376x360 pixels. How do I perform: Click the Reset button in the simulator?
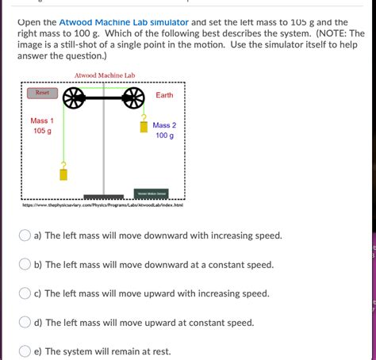coord(42,94)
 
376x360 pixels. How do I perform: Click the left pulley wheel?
coord(74,98)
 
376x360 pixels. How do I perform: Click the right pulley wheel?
coord(133,98)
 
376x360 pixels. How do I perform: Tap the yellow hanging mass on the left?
coord(63,171)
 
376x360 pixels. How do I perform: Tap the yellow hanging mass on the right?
coord(144,125)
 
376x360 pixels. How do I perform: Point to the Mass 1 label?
coord(42,121)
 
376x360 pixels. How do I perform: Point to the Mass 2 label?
coord(164,125)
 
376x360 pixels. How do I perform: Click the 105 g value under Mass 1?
coord(42,131)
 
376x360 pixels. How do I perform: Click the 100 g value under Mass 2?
coord(164,136)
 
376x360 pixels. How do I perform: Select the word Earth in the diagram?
coord(164,95)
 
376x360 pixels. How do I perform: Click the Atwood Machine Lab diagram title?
coord(105,75)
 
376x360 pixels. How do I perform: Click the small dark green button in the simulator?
coord(151,193)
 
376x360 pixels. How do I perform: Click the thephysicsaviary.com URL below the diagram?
coord(103,205)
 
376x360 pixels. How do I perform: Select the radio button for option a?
coord(25,236)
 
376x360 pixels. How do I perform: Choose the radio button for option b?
coord(25,264)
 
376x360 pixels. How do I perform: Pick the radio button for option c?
coord(25,293)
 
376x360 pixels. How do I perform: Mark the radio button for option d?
coord(25,323)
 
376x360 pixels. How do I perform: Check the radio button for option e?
coord(25,351)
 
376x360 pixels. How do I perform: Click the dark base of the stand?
coord(103,197)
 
